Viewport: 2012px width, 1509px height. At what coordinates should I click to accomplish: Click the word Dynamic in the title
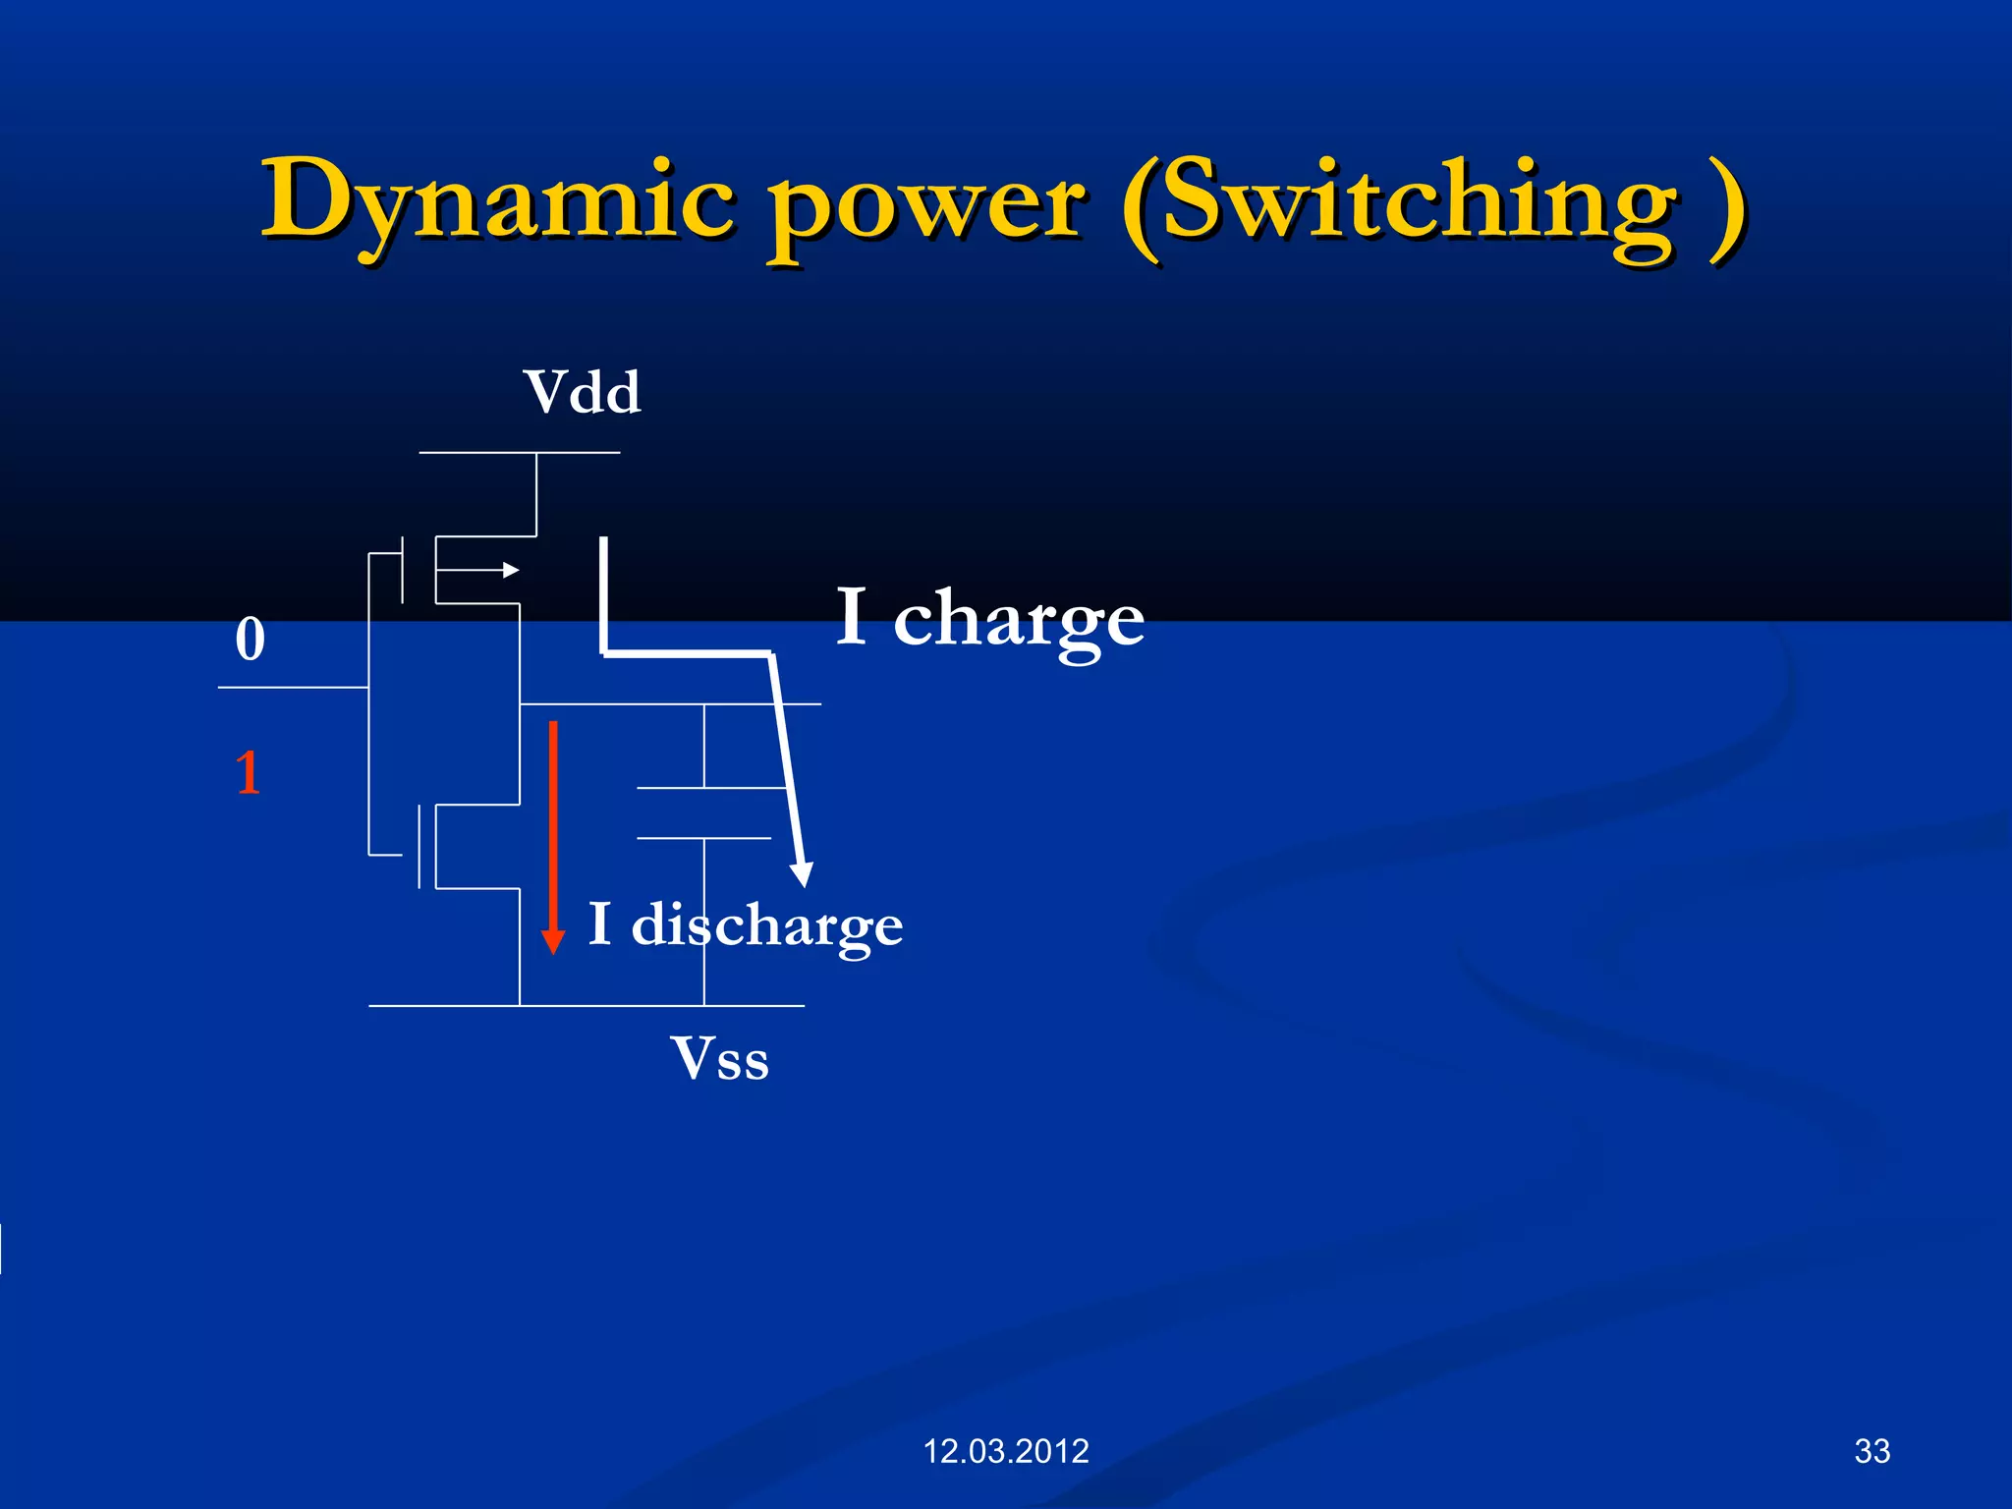496,201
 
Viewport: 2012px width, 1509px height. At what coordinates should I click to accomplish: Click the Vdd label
582,392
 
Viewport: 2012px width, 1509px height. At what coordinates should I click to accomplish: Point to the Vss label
720,1059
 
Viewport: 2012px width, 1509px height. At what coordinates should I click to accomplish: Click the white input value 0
251,640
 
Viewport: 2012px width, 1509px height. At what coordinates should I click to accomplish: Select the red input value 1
249,772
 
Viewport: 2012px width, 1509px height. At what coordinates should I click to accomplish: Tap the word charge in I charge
1019,621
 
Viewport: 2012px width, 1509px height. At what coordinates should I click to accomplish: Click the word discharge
766,925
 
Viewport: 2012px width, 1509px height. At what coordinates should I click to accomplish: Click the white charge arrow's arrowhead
803,873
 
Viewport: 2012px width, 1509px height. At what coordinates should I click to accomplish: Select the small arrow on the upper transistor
509,570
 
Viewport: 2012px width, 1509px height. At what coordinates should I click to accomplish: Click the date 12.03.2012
1006,1451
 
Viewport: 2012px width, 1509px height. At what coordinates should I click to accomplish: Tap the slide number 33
1872,1451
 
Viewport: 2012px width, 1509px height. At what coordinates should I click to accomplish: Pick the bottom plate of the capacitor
703,838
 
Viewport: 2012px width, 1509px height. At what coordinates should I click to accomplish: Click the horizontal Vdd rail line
519,453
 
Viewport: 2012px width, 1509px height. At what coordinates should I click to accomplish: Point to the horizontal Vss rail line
586,1006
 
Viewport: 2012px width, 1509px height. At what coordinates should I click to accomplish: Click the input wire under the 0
293,688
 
